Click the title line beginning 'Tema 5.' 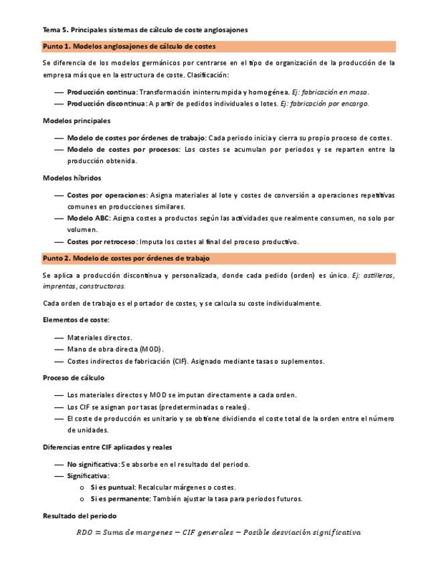(x=145, y=30)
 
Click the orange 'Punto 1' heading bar (x=219, y=47)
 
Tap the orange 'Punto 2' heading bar (x=219, y=258)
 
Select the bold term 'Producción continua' (x=102, y=92)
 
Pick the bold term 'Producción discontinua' (x=106, y=104)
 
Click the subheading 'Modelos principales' (x=77, y=121)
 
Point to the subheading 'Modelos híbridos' (x=72, y=179)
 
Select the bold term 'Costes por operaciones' (x=107, y=195)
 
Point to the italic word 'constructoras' (x=101, y=286)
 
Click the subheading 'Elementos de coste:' (x=76, y=320)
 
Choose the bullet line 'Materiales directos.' (x=100, y=338)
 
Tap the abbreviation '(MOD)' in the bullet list (x=152, y=349)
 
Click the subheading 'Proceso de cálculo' (x=74, y=378)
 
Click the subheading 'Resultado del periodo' (x=80, y=516)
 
